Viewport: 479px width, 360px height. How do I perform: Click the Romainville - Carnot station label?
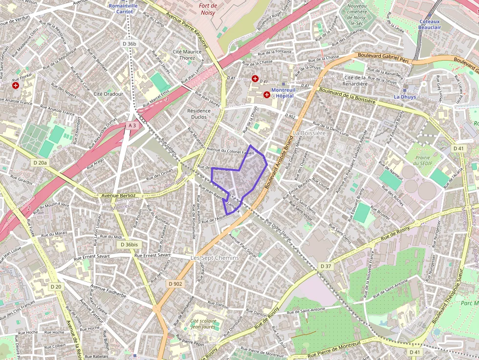click(x=124, y=8)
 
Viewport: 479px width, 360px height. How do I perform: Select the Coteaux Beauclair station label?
click(x=430, y=24)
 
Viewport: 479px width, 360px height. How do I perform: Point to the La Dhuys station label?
click(x=405, y=97)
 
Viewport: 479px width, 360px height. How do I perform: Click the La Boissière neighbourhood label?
click(x=309, y=133)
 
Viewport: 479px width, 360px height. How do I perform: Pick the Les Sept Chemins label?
click(x=214, y=257)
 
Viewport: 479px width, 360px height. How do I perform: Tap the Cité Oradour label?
click(x=108, y=94)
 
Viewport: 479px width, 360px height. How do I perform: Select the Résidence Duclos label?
click(x=199, y=114)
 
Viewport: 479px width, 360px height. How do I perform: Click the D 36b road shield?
click(x=131, y=44)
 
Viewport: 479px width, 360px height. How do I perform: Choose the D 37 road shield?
click(x=326, y=266)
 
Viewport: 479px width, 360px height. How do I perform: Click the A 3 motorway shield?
click(x=132, y=126)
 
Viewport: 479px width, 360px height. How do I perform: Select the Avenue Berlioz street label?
click(x=118, y=195)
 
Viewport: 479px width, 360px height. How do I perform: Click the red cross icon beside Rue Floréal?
click(x=16, y=85)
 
